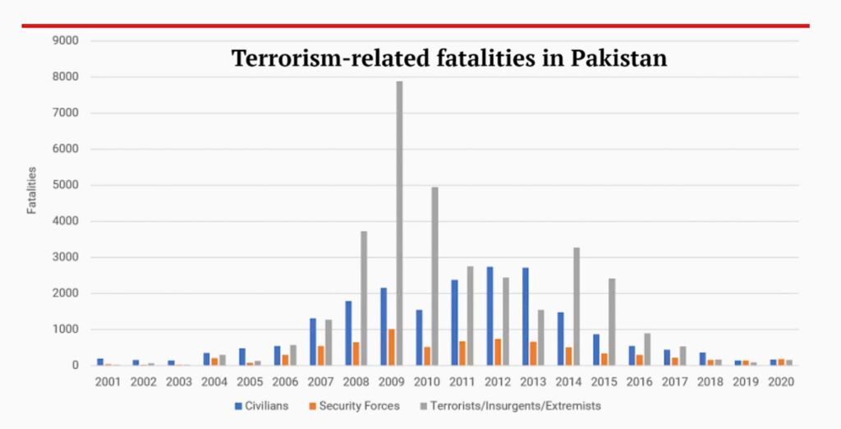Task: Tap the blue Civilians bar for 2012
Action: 489,316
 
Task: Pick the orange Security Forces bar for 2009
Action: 392,347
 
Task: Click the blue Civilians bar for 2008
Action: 348,333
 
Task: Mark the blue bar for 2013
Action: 525,316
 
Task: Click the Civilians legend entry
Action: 261,406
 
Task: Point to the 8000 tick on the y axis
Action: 67,77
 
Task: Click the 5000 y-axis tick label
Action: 67,185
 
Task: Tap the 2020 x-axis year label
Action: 780,382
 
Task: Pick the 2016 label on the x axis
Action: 639,382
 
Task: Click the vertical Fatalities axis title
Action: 32,190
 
